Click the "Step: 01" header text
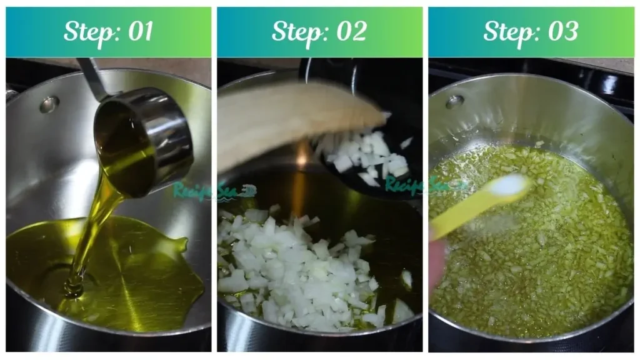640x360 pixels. [x=108, y=32]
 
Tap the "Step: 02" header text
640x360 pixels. [x=319, y=32]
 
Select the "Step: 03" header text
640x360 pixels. [x=531, y=32]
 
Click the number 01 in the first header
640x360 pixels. [x=139, y=32]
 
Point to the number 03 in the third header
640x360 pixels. [x=562, y=32]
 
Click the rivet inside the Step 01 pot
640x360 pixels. [x=49, y=104]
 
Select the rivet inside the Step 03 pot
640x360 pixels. [x=454, y=101]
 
